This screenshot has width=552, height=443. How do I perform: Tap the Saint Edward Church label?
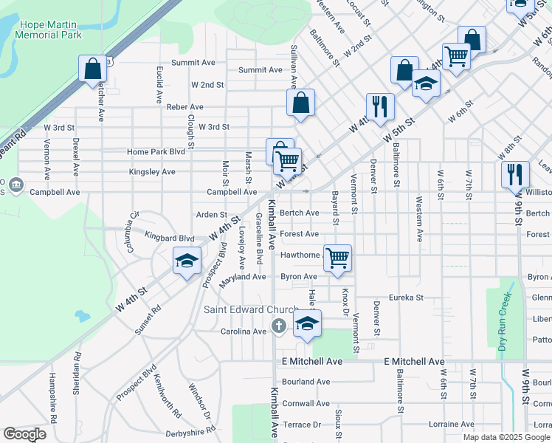coord(241,309)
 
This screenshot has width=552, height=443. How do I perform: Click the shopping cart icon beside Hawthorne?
coord(337,258)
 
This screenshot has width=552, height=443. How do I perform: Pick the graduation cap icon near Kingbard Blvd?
coord(187,261)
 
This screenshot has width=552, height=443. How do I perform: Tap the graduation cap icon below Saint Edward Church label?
coord(308,323)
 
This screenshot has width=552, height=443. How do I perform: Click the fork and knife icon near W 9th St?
coord(514,175)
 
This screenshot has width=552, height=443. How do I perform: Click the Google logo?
coord(25,434)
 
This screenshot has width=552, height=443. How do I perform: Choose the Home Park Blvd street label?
coord(156,152)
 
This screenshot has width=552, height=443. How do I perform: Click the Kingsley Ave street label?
coord(152,172)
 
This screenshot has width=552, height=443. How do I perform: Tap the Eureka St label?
coord(407,298)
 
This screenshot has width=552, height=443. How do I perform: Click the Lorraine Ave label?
coord(450,425)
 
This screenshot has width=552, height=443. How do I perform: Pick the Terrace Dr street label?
coord(302,425)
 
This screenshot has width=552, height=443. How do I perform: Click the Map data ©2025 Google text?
coord(506,437)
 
